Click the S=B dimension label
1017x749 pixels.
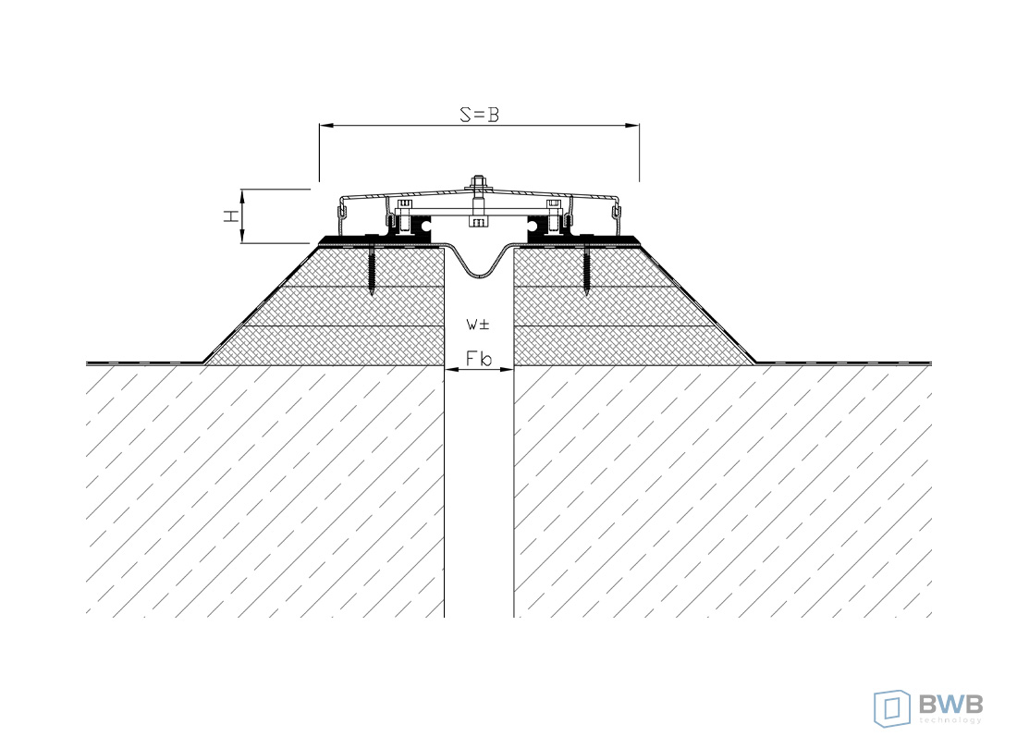479,115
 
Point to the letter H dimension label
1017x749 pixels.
230,215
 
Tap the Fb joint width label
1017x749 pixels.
479,358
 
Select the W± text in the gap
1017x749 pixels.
478,325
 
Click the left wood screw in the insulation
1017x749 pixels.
373,270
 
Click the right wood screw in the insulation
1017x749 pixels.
586,270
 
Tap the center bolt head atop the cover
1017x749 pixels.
478,181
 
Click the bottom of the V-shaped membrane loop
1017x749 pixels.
479,275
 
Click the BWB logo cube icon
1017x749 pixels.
892,708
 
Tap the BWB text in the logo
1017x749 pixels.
950,704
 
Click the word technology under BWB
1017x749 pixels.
950,719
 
